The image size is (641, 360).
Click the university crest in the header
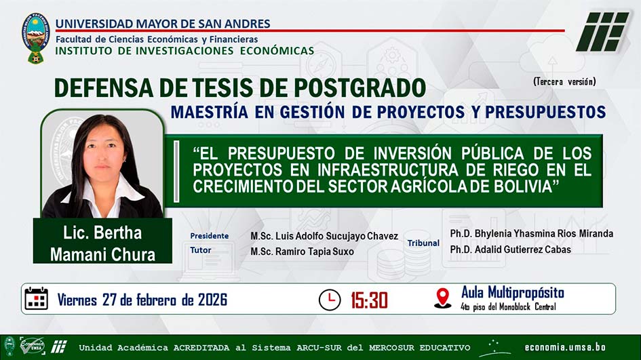click(x=35, y=38)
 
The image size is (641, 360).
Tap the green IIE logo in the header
click(x=602, y=32)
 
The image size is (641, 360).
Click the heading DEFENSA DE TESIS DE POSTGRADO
click(x=240, y=87)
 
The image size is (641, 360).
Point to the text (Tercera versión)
click(x=564, y=82)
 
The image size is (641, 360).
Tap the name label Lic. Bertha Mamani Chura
click(x=102, y=243)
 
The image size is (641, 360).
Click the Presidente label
click(x=210, y=236)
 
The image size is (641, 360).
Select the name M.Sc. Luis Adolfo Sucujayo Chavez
click(x=324, y=236)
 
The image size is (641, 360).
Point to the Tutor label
click(x=200, y=250)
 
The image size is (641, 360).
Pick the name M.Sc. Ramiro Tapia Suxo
click(x=302, y=252)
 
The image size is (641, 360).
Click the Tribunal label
click(x=423, y=243)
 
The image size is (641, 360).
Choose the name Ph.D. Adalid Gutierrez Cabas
click(x=511, y=249)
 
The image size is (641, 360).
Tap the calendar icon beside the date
click(x=37, y=298)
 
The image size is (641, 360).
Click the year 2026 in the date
click(x=212, y=300)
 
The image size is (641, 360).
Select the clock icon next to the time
click(x=330, y=300)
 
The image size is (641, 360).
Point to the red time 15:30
click(x=369, y=300)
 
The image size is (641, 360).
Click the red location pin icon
click(x=442, y=298)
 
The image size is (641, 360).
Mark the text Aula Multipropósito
click(x=513, y=293)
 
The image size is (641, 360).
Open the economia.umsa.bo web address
click(x=565, y=347)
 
